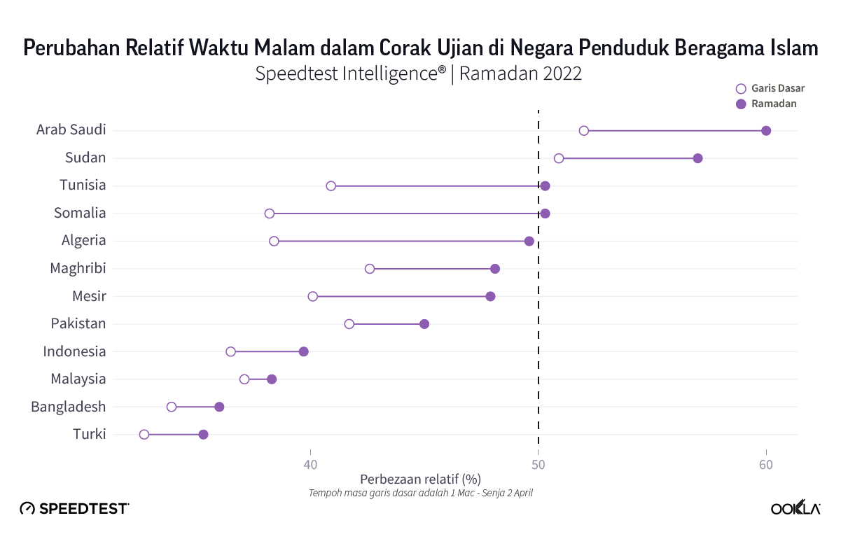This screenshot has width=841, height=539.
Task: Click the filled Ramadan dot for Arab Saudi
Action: point(766,131)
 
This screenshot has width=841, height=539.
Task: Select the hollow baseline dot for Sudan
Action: point(559,158)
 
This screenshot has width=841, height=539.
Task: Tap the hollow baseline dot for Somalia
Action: point(270,213)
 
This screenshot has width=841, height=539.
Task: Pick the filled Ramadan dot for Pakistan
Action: point(424,324)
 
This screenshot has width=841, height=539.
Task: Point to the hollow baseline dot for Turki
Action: point(144,435)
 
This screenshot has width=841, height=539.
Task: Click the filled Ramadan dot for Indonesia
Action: point(304,351)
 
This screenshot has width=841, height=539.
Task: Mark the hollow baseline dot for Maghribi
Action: point(370,269)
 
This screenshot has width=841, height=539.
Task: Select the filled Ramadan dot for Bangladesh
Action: point(219,407)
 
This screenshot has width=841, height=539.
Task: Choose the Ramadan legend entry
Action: point(767,104)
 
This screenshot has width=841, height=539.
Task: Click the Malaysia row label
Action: point(78,379)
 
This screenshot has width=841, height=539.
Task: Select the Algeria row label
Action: point(84,241)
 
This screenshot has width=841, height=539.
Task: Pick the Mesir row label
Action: point(89,296)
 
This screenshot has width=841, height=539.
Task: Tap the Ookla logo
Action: point(795,509)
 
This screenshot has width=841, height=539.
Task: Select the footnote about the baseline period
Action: point(421,493)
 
